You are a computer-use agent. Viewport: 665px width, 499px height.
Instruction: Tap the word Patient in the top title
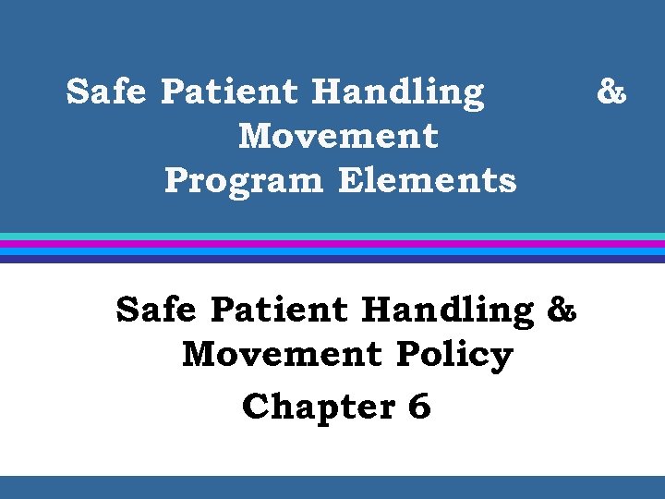click(x=228, y=92)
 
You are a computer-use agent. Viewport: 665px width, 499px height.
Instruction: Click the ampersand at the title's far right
click(x=611, y=92)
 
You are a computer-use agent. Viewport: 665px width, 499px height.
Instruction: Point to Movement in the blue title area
click(x=338, y=136)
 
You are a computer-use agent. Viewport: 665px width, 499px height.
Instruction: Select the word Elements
click(x=427, y=179)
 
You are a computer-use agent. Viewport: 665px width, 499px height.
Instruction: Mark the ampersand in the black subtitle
click(x=562, y=310)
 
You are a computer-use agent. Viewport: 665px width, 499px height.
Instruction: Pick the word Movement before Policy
click(x=282, y=354)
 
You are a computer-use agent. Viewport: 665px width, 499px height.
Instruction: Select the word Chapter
click(x=316, y=407)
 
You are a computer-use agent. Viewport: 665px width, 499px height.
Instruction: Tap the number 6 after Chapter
click(x=419, y=407)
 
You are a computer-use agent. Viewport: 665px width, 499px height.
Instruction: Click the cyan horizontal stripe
click(x=332, y=237)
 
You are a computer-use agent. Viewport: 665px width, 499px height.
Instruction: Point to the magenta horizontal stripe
click(x=332, y=244)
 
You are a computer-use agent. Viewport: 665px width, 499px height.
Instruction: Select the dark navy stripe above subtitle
click(x=332, y=260)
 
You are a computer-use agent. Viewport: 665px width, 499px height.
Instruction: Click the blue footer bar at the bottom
click(x=332, y=487)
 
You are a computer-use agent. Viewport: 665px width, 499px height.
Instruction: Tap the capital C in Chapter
click(x=254, y=407)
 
